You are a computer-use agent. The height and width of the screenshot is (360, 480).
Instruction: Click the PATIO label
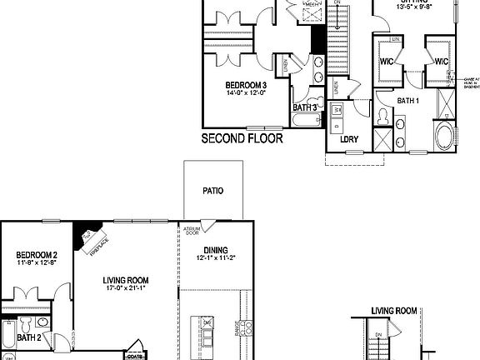pyautogui.click(x=212, y=191)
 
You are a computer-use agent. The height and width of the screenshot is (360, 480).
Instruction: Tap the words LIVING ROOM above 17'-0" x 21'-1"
pyautogui.click(x=126, y=280)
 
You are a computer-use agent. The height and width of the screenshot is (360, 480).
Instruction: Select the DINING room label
pyautogui.click(x=215, y=249)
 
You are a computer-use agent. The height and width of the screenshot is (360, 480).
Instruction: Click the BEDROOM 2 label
pyautogui.click(x=36, y=255)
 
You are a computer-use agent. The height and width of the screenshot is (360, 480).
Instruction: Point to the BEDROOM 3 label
pyautogui.click(x=246, y=85)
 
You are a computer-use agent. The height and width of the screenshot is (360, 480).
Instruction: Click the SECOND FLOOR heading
pyautogui.click(x=242, y=138)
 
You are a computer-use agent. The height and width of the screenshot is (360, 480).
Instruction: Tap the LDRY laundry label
pyautogui.click(x=349, y=140)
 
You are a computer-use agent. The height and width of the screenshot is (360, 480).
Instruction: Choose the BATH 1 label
pyautogui.click(x=407, y=101)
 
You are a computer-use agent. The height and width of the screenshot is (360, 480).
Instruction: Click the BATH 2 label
pyautogui.click(x=29, y=337)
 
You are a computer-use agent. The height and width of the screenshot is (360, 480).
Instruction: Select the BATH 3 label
pyautogui.click(x=304, y=107)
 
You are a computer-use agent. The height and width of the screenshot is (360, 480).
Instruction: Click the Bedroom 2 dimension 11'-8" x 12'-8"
pyautogui.click(x=36, y=263)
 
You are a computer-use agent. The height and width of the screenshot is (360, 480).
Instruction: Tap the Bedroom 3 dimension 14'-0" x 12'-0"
pyautogui.click(x=246, y=93)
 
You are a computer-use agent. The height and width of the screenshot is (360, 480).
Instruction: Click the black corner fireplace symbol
pyautogui.click(x=84, y=232)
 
